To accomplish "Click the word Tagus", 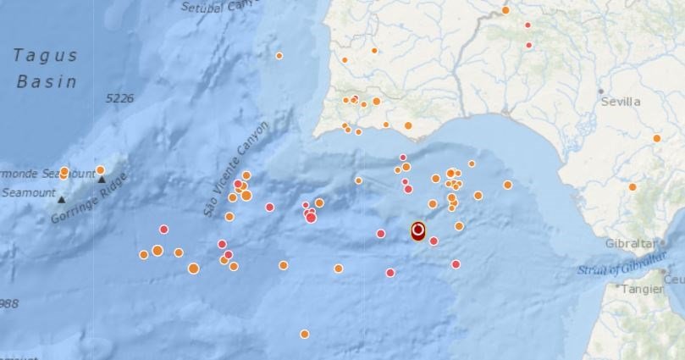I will (x=45, y=56).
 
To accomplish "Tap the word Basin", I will (x=46, y=82).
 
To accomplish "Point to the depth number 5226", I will (x=120, y=99).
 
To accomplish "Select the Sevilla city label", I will (x=621, y=102).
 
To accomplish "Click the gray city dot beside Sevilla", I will (x=600, y=91).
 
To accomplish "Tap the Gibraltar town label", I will (x=630, y=243).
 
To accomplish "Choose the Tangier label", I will (x=644, y=288).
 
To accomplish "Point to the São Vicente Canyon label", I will (x=236, y=169).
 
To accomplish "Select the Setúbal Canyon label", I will (x=218, y=7).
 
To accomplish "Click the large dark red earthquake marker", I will (x=417, y=230).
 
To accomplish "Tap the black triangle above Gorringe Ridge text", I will (x=102, y=179).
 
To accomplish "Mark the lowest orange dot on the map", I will (x=304, y=334).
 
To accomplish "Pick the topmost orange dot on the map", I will (x=505, y=10).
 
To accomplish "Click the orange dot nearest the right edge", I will (x=656, y=138).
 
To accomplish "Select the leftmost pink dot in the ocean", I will (x=163, y=229).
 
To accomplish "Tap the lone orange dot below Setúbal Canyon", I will (x=279, y=56).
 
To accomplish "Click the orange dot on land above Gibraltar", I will (x=633, y=187).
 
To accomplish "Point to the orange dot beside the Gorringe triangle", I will (x=100, y=170).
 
